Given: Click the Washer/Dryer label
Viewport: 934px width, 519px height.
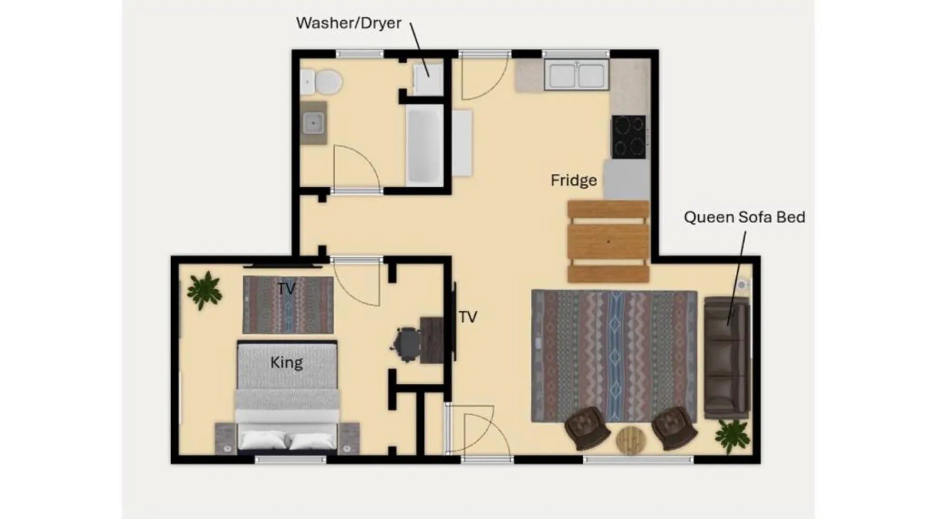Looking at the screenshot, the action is point(349,23).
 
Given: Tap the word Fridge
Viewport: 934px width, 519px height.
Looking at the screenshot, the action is point(573,180).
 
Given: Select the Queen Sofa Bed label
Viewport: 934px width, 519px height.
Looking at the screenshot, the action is point(745,217).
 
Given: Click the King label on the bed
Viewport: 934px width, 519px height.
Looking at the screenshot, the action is point(286,362).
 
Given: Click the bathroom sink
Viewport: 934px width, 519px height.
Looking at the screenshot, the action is point(313,124).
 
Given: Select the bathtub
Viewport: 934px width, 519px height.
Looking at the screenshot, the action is point(425,145).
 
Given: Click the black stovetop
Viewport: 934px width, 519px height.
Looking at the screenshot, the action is point(629,137).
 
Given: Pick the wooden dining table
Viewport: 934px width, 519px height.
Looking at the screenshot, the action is point(608,242).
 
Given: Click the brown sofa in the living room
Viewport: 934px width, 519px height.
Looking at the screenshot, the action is point(727,358).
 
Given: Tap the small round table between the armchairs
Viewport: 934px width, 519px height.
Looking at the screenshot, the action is point(631,441).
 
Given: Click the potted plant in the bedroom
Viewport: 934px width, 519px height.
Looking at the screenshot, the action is point(205,290).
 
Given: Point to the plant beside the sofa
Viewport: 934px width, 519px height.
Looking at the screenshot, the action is point(732,436).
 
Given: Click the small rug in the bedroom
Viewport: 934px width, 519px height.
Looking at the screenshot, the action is point(288,305).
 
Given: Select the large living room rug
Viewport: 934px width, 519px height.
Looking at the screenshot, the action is point(614,356).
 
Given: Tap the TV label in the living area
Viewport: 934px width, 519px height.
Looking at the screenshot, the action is point(468,317).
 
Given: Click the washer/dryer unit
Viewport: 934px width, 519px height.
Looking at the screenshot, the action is point(428,79).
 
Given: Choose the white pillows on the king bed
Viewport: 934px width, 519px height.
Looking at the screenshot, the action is point(287,441).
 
